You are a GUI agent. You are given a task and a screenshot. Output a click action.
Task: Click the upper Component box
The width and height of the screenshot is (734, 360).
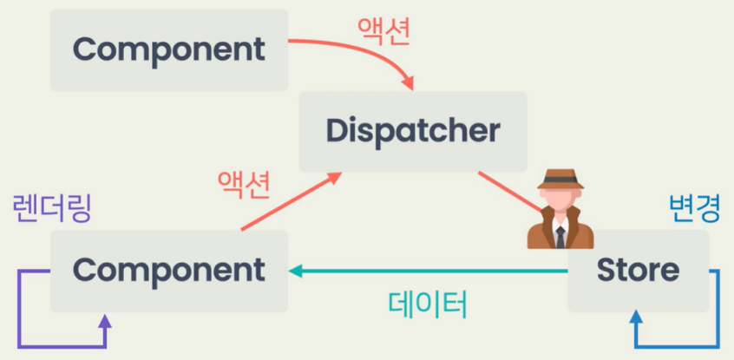pos(169,49)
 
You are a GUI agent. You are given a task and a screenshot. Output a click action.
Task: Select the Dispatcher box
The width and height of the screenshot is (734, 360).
pos(413,131)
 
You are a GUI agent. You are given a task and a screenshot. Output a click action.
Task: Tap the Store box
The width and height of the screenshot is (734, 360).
pos(638,271)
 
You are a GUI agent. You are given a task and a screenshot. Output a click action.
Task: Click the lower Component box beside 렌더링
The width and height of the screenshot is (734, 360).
pos(169,271)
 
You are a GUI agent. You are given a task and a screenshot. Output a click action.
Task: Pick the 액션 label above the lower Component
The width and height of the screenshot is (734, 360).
pos(245,184)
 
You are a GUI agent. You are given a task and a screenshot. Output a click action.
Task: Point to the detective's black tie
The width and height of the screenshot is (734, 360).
pos(560,234)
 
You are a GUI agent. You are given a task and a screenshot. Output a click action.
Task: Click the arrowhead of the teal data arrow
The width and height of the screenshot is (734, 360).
pos(296,272)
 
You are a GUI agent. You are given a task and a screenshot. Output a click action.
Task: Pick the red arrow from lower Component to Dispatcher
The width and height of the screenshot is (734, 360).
pos(286,204)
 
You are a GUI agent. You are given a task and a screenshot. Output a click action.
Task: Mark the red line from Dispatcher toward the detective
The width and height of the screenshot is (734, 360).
pos(508,191)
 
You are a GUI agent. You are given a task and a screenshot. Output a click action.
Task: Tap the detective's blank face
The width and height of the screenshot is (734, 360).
pos(560,202)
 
